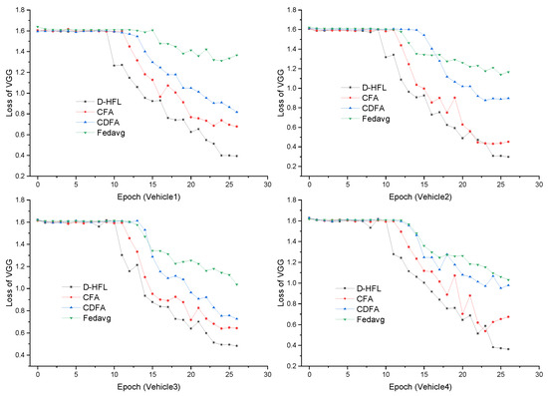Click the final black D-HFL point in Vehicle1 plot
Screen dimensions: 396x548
tap(237, 156)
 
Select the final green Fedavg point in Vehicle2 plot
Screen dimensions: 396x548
tap(508, 72)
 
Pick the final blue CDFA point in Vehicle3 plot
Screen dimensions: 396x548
tap(237, 319)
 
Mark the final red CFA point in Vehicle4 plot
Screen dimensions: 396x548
tap(508, 316)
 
